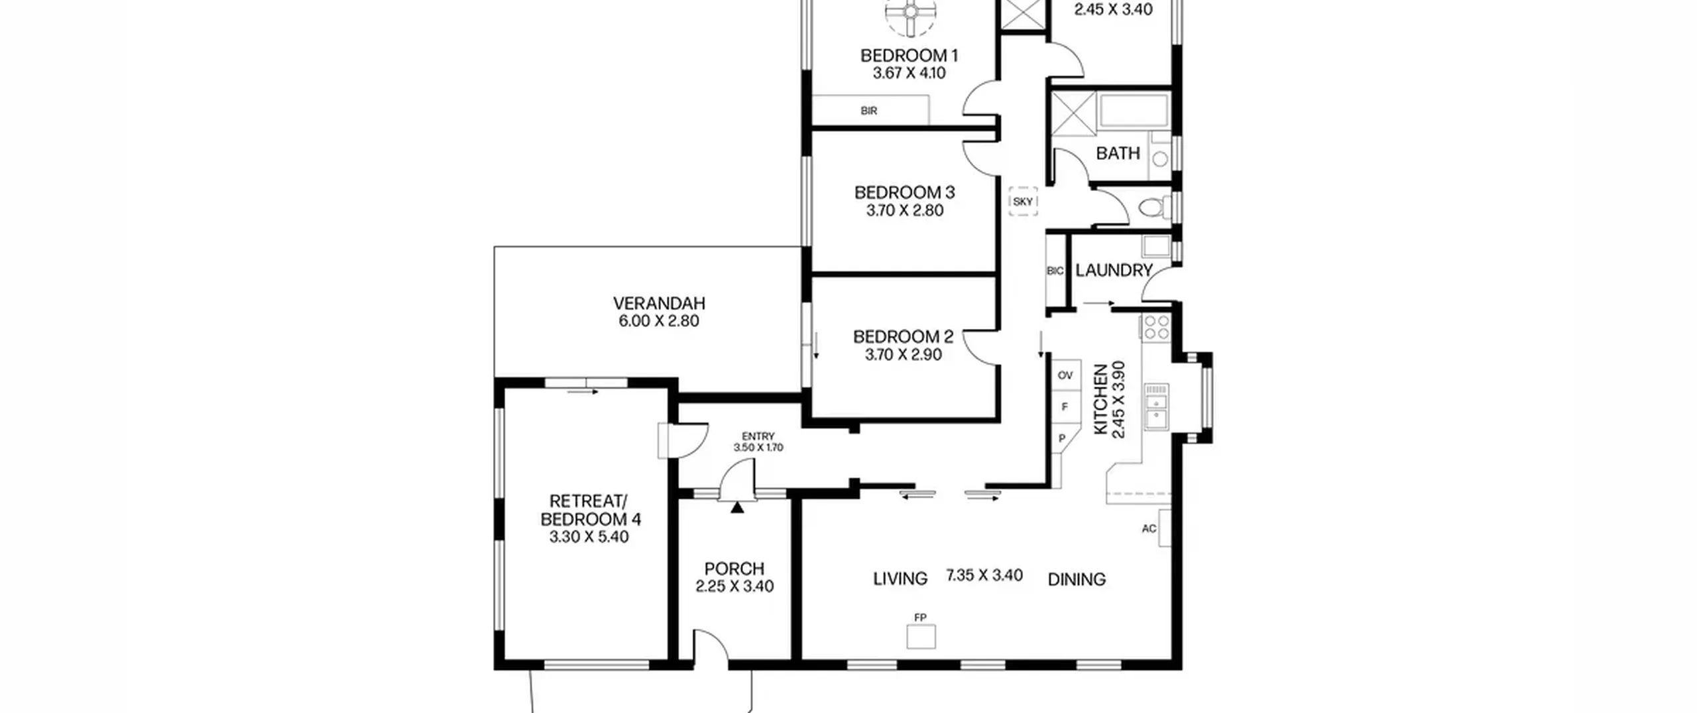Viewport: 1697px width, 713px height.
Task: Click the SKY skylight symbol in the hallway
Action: tap(1023, 202)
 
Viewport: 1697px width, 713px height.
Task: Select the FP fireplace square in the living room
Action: tap(921, 637)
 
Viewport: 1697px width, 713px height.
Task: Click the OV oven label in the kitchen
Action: tap(1065, 375)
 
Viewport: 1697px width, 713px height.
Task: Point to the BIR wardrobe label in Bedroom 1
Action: tap(869, 111)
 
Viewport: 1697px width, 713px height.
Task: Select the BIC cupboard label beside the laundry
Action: tap(1055, 271)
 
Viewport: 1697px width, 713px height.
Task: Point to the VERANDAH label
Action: tap(659, 304)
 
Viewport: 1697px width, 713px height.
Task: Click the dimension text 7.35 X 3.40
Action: tap(984, 575)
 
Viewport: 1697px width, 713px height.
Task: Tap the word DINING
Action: tap(1077, 580)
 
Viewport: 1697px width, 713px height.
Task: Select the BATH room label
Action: tap(1118, 153)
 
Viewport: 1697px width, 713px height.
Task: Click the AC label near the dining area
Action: tap(1149, 529)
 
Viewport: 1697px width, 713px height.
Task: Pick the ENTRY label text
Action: tap(758, 436)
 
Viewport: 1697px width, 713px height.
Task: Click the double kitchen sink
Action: tap(1157, 411)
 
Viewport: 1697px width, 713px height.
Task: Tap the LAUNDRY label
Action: tap(1114, 271)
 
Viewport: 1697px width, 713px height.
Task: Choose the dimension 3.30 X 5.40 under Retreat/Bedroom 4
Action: tap(589, 537)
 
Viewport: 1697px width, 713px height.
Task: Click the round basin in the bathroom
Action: tap(1160, 159)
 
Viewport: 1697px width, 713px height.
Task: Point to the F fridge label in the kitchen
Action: tap(1065, 407)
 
